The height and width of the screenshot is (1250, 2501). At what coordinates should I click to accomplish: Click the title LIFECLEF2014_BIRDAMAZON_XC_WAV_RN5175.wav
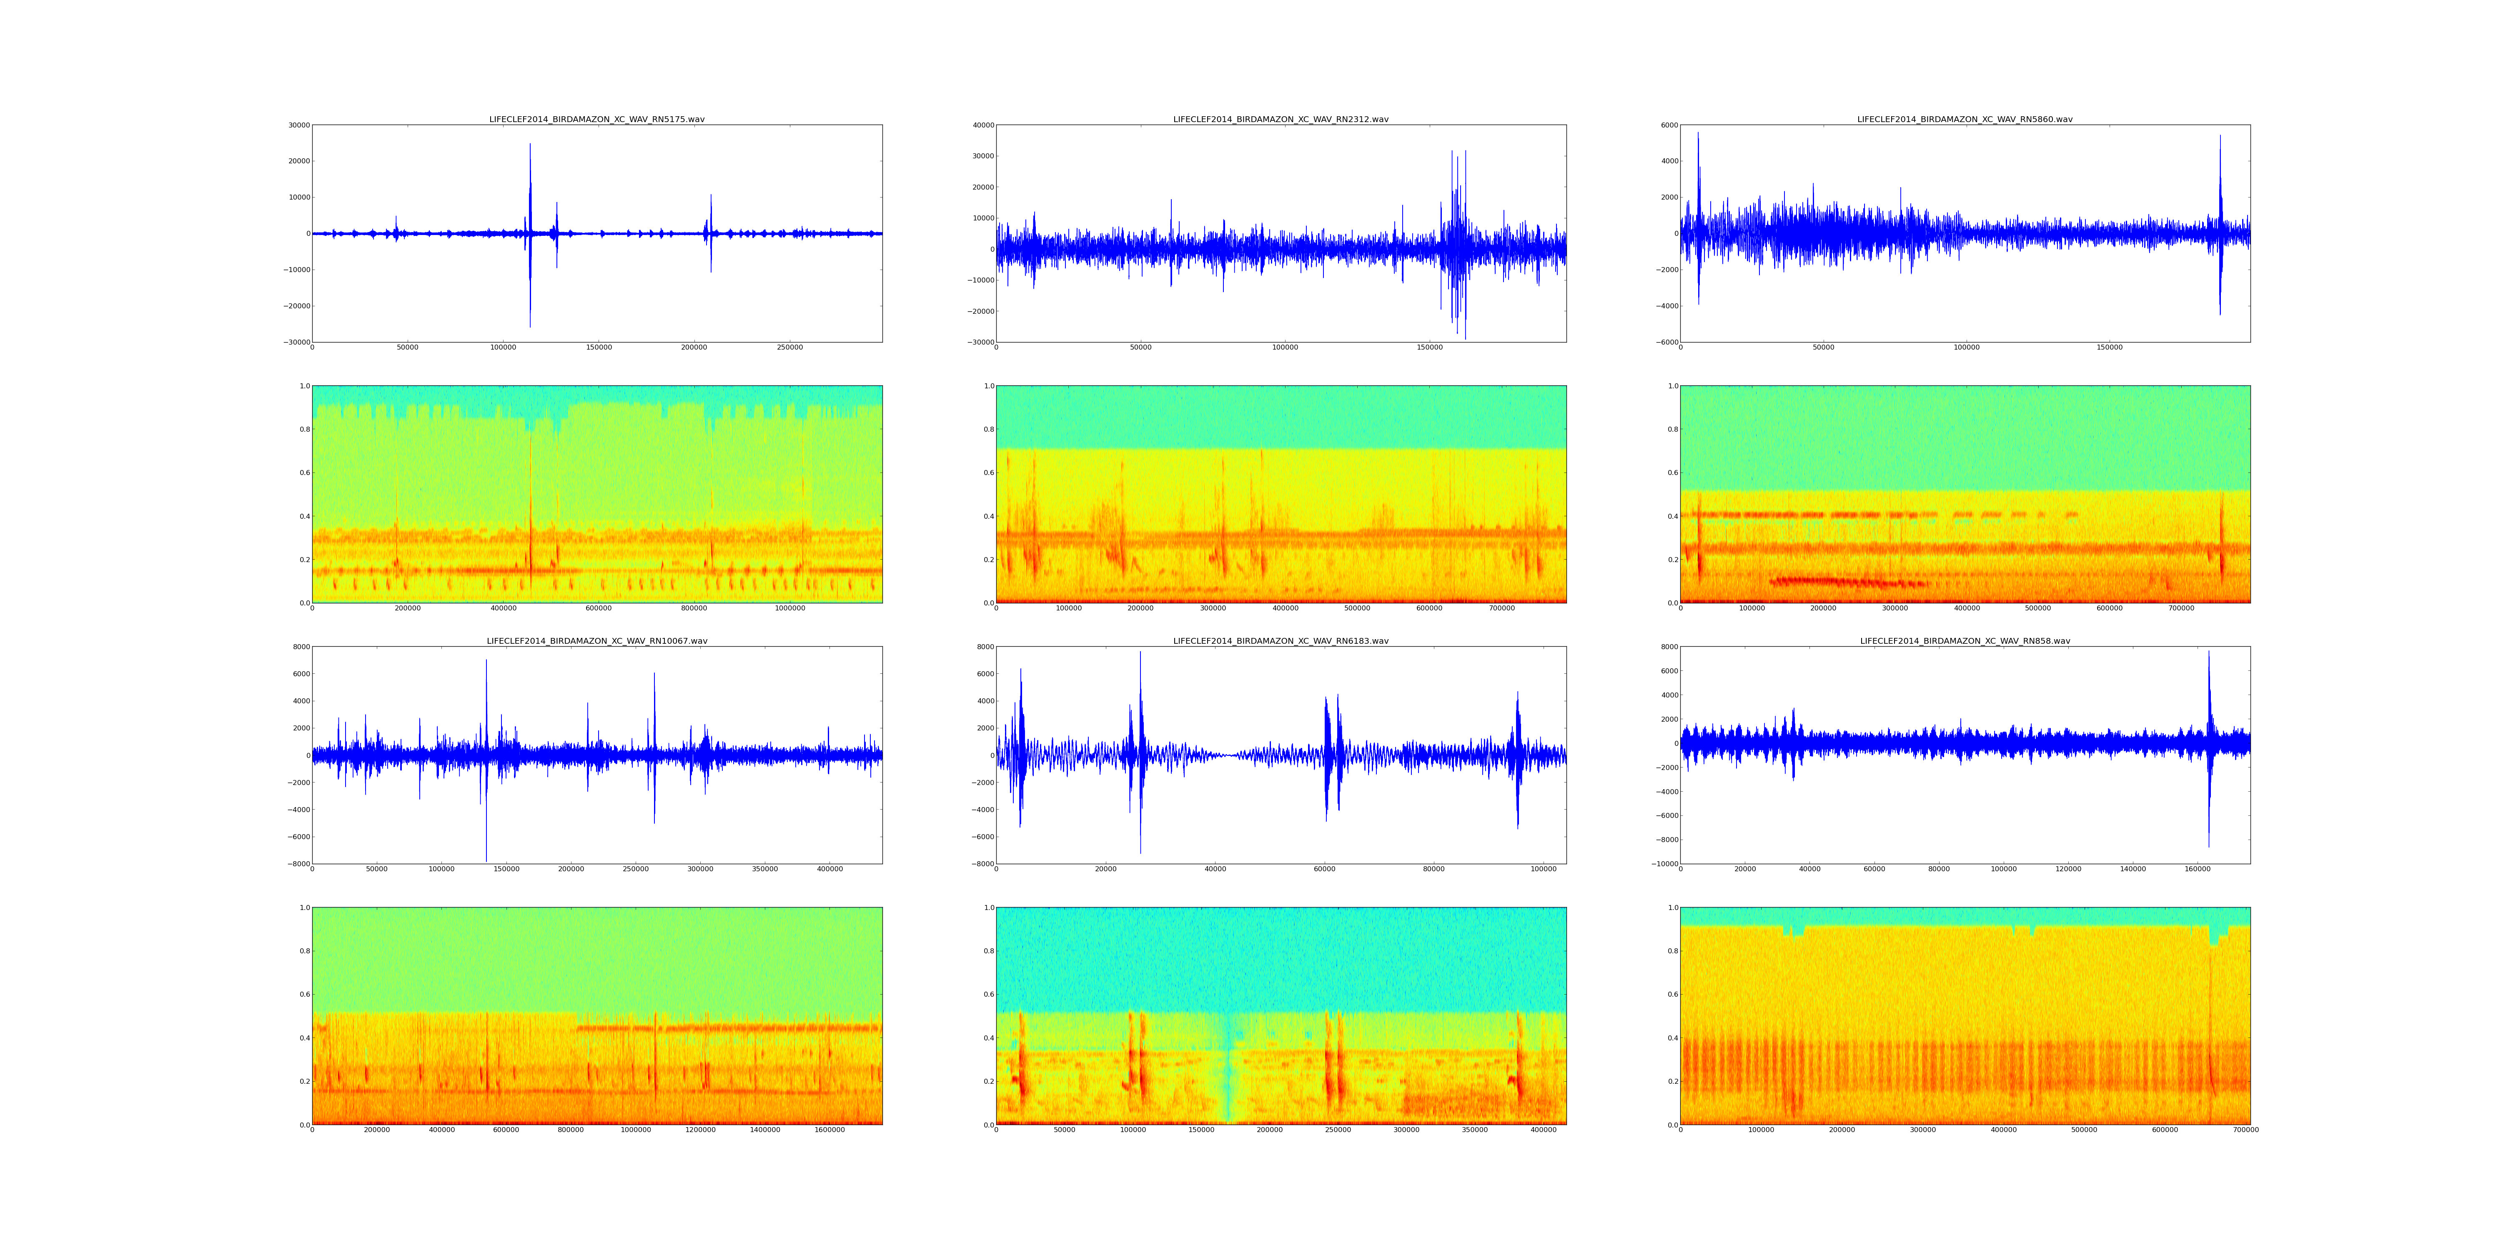click(596, 119)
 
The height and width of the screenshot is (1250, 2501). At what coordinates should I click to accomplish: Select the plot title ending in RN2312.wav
click(1281, 119)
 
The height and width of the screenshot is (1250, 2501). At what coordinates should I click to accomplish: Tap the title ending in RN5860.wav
click(1964, 119)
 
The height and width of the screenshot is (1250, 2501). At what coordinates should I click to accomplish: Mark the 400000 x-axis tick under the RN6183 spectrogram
click(1543, 1130)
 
